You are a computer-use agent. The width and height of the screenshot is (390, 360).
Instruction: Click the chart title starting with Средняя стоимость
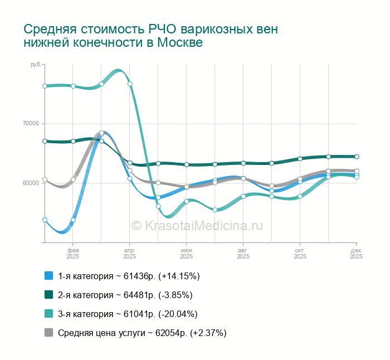tap(150, 35)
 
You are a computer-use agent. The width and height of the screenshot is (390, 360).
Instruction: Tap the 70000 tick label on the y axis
tap(31, 124)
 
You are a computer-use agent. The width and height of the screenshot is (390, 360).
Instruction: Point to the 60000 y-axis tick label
tap(31, 183)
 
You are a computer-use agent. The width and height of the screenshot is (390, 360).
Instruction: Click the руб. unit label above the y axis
tap(36, 65)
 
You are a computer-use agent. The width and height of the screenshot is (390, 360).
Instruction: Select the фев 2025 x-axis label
tap(73, 253)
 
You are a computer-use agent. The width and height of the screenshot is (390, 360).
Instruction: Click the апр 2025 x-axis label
tap(130, 253)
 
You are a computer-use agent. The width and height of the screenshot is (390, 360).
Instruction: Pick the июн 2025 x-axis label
tap(187, 253)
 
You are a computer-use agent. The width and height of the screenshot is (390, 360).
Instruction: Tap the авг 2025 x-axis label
tap(243, 253)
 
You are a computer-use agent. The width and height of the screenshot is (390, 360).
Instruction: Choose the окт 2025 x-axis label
tap(300, 253)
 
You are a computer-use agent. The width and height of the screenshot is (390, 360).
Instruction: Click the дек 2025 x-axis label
tap(356, 253)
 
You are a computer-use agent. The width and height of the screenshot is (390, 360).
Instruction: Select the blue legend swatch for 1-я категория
tap(48, 276)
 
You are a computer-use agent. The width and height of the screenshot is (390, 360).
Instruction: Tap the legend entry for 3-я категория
tap(128, 314)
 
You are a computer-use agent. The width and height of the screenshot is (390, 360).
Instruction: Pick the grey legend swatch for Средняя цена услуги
tap(48, 333)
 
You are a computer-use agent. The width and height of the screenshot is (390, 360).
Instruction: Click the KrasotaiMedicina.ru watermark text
tap(197, 225)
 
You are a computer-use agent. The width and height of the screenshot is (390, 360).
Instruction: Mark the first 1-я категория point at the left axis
tap(45, 220)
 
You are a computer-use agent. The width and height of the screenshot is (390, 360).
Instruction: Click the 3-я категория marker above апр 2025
tap(130, 84)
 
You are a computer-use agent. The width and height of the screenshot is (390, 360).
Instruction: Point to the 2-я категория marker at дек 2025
tap(357, 157)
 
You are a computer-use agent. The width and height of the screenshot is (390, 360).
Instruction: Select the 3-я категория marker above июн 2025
tap(187, 201)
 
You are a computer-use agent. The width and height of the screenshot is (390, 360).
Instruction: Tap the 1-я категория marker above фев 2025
tap(73, 220)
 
